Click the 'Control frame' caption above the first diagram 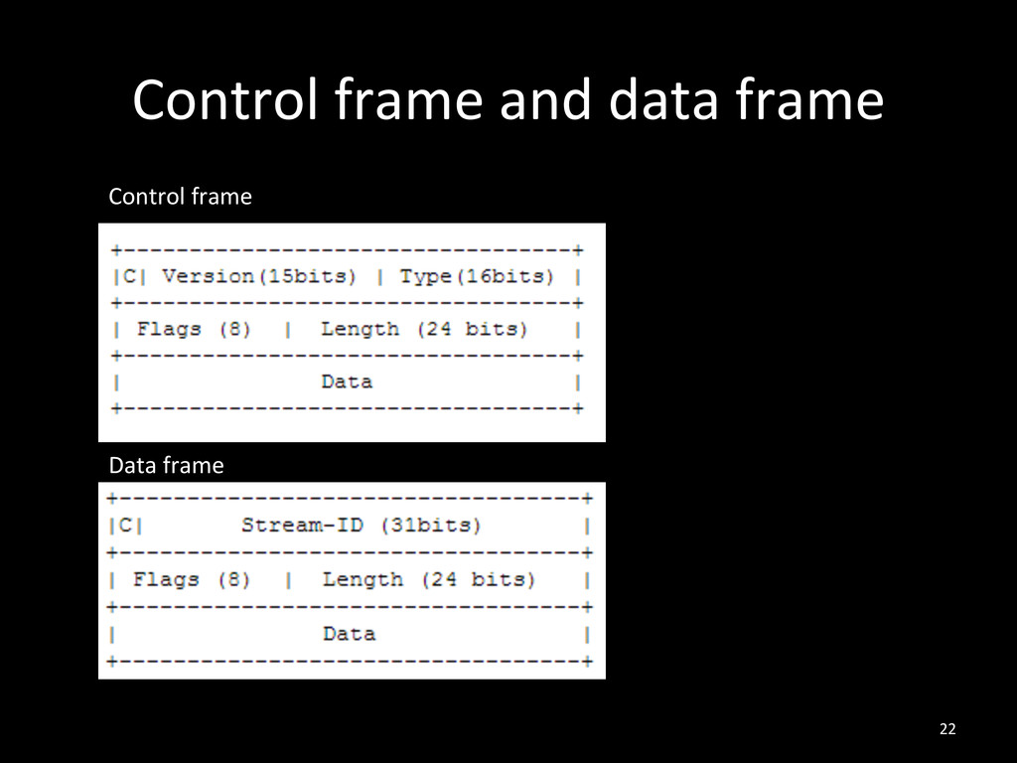[180, 197]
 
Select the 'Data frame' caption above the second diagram [166, 465]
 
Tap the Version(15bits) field [259, 276]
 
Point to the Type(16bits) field [477, 276]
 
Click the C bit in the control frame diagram [131, 276]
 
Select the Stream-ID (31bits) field [361, 525]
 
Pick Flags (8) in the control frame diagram [197, 329]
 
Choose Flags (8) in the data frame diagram [192, 579]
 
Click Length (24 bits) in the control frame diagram [424, 329]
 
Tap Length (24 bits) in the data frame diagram [428, 579]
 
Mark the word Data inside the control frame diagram [347, 381]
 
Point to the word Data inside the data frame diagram [349, 633]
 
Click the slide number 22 [946, 730]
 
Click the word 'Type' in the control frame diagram [426, 276]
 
